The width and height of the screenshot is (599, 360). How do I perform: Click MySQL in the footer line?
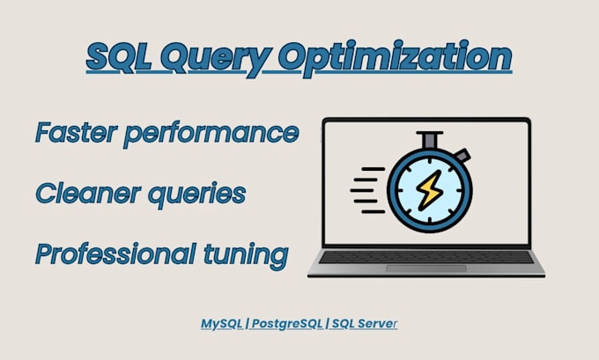click(221, 324)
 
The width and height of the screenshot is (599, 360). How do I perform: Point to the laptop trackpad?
click(426, 267)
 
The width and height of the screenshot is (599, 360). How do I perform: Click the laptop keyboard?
click(426, 256)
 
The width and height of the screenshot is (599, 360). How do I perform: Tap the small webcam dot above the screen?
click(426, 121)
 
